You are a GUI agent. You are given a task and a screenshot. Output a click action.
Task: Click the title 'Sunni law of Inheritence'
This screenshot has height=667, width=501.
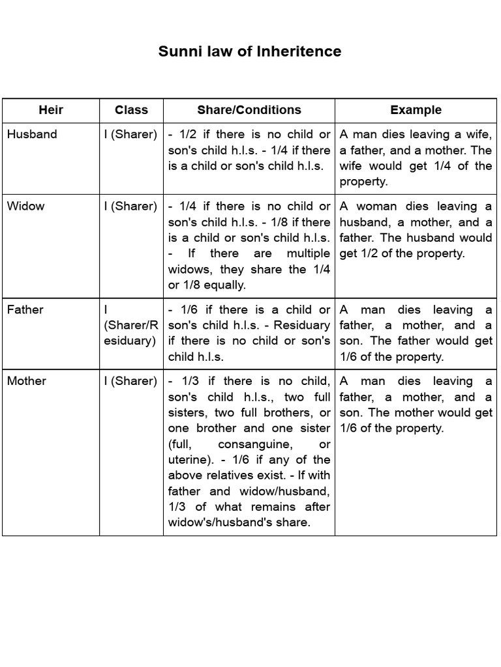coord(250,51)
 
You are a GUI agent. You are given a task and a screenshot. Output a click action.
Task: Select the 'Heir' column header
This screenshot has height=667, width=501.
coord(51,110)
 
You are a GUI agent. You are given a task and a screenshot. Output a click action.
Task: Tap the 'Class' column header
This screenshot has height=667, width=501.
coord(131,110)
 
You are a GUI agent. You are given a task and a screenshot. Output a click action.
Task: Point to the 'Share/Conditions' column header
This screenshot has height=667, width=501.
coord(249,110)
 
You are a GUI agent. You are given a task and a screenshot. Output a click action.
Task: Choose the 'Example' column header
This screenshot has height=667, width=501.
coord(416,110)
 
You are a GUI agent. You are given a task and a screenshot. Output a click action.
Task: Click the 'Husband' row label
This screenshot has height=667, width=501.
coord(32,134)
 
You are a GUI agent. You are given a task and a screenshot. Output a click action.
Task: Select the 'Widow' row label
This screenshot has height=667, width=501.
coord(26,206)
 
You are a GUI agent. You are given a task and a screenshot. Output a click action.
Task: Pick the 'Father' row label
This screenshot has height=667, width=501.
coord(25,309)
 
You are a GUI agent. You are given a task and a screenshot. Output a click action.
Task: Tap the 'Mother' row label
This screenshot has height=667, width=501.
coord(27,381)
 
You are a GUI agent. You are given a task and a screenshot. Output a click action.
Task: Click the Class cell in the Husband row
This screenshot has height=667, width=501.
coord(130,134)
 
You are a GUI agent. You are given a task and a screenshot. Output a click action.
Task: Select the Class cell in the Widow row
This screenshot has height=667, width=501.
coord(130,206)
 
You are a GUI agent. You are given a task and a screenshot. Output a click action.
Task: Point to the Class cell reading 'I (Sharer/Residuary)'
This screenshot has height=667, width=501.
coord(130,325)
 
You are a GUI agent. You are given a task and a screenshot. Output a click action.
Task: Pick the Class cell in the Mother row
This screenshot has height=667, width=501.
coord(130,381)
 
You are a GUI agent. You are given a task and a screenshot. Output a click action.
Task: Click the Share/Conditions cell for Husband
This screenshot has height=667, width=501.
coord(249,150)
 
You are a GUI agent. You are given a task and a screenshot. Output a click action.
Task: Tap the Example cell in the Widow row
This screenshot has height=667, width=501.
coord(416,230)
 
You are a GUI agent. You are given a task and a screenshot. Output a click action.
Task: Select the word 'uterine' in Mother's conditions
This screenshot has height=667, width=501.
coord(187,460)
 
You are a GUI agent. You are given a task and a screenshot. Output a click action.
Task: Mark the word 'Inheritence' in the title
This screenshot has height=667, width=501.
coord(299,51)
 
